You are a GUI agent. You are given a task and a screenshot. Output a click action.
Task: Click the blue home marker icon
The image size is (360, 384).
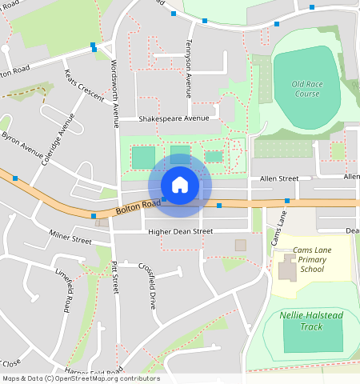click(x=180, y=185)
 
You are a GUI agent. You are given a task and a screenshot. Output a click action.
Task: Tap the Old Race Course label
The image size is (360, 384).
click(x=306, y=89)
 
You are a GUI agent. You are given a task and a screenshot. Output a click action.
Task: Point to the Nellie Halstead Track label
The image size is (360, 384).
click(x=312, y=321)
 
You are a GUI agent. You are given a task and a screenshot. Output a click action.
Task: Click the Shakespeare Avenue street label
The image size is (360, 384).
click(x=174, y=118)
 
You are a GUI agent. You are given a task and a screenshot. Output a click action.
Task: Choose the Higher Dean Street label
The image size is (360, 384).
click(x=180, y=232)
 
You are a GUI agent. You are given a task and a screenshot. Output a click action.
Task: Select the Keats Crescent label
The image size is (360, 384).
click(x=84, y=86)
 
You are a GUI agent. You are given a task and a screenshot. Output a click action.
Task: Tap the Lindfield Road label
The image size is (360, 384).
click(x=65, y=289)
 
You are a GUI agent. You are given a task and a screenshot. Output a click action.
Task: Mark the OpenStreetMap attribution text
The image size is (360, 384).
click(x=81, y=378)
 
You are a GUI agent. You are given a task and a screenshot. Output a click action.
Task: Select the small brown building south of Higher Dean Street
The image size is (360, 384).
click(x=240, y=245)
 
